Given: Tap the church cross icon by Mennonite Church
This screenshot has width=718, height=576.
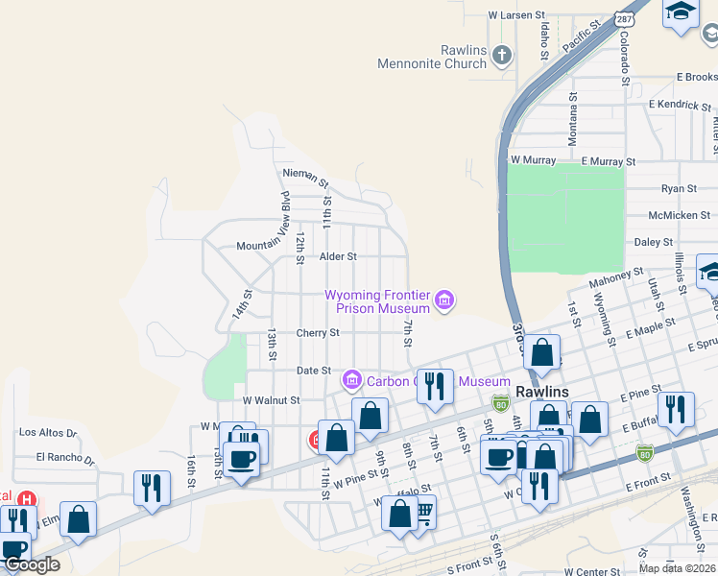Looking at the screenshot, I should [501, 56].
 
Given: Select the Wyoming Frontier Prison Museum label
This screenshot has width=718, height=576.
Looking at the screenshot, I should [377, 301].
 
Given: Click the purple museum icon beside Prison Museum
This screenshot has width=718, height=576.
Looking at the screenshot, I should [443, 301].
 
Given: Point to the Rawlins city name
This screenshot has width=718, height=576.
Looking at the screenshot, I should [542, 392].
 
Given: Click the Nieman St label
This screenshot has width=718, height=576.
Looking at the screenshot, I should [305, 173].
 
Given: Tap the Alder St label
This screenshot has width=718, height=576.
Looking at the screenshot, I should [338, 256].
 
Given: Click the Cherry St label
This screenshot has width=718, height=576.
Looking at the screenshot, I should [318, 333].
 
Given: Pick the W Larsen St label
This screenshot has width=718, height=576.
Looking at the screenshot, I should [515, 15].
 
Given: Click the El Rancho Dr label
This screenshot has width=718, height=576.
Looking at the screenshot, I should [66, 458].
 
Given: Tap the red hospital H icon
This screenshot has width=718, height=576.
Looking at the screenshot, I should [28, 500].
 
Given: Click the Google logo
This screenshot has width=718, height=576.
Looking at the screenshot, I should [31, 564].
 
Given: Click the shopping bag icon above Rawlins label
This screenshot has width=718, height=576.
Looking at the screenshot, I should [542, 352].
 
